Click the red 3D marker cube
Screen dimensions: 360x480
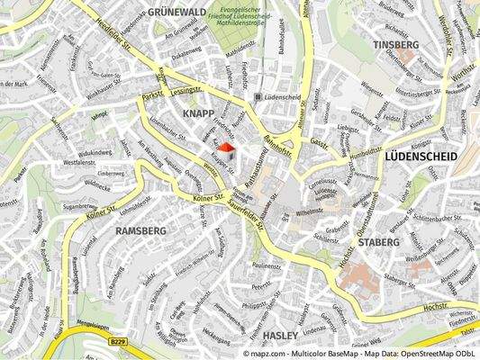click(226, 149)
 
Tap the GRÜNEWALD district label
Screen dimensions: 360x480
click(177, 12)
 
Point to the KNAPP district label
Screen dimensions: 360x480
click(198, 113)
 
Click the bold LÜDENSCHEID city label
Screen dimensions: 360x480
click(421, 157)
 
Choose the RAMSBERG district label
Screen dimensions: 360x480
click(140, 230)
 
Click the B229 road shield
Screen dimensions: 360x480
click(116, 341)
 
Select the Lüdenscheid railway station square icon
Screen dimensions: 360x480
click(259, 96)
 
